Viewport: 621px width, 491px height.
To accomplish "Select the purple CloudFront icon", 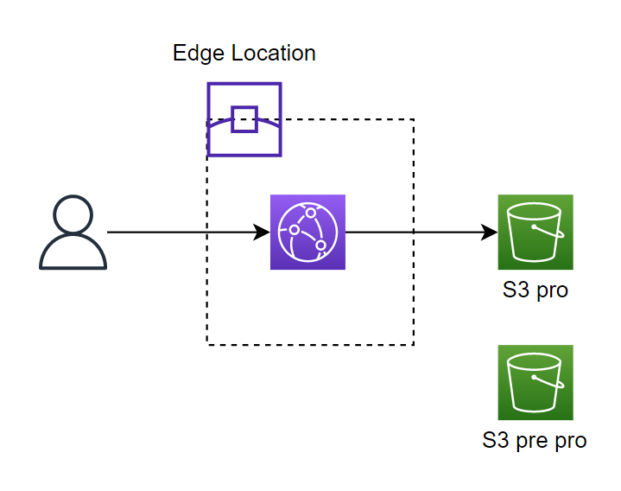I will (307, 233).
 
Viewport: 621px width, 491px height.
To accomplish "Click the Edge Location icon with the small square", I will (244, 119).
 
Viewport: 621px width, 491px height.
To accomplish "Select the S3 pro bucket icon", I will (535, 233).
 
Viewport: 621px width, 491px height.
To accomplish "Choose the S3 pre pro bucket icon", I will (535, 383).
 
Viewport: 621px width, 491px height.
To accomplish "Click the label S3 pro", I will (535, 290).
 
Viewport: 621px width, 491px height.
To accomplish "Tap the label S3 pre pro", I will (535, 440).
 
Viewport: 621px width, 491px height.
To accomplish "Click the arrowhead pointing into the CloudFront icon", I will (263, 233).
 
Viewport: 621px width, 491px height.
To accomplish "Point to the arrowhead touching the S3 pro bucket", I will (490, 233).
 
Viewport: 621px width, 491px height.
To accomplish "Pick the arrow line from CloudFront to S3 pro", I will (415, 233).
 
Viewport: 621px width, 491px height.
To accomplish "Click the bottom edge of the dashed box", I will (310, 345).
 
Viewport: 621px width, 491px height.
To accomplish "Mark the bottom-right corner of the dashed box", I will (414, 345).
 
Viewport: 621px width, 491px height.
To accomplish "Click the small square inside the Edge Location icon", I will (244, 118).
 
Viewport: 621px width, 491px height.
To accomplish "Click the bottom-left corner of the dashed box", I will (207, 345).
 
